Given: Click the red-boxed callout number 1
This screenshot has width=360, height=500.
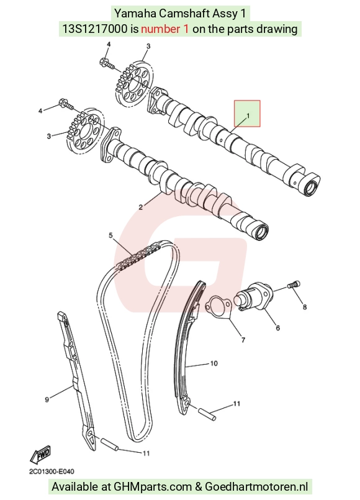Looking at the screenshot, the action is click(248, 116).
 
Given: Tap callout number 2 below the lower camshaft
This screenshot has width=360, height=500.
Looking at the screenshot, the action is click(140, 207).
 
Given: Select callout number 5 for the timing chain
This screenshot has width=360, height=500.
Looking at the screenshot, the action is click(110, 235).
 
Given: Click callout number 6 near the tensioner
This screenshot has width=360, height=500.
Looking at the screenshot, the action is click(278, 327).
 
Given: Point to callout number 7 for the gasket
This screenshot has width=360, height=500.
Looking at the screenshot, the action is click(243, 340).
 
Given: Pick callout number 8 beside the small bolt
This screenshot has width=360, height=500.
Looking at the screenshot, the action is click(305, 307).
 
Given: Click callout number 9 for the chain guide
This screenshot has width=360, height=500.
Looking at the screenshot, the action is click(47, 399).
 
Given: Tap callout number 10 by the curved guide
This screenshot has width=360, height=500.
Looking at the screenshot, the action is click(214, 363).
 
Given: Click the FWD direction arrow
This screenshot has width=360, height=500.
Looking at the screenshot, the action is click(40, 454).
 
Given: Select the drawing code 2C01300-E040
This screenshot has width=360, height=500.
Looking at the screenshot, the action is click(52, 471).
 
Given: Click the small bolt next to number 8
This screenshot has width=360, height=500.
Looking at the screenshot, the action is click(294, 284).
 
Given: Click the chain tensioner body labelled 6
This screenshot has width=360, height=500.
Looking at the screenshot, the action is click(254, 296).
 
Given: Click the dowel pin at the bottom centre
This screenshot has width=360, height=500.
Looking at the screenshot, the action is click(110, 444).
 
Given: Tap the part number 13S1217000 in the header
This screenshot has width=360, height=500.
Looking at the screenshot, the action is click(94, 29).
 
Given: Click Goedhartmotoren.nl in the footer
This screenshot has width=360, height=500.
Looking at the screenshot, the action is click(256, 486).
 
